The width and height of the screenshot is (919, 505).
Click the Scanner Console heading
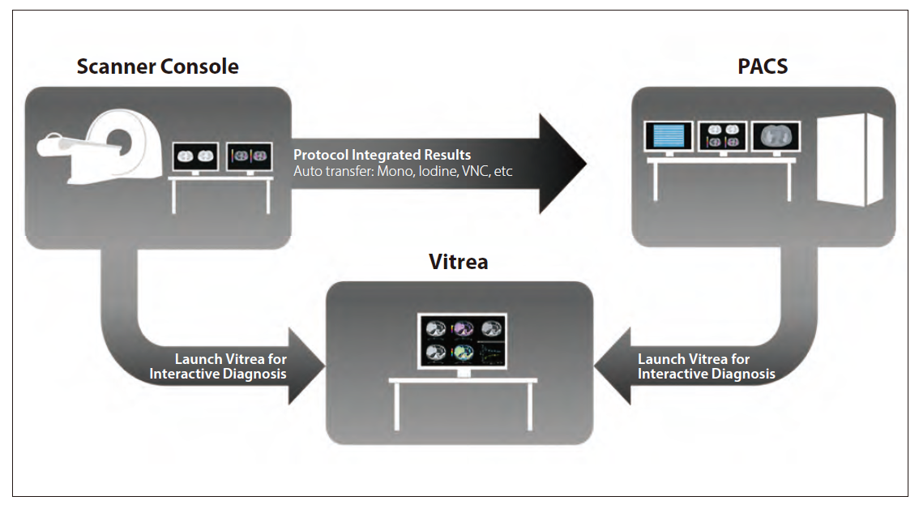tap(158, 66)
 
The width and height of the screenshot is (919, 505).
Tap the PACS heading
tap(763, 66)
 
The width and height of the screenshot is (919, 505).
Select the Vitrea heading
tap(459, 262)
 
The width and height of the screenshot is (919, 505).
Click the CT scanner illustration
tap(100, 147)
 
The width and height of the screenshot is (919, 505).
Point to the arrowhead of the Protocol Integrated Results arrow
tap(562, 164)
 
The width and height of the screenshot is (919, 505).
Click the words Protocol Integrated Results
tap(383, 155)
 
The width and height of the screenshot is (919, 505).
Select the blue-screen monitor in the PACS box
tap(669, 136)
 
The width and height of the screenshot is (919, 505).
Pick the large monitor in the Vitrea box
tap(463, 340)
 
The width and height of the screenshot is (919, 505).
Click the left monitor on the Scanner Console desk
tap(195, 156)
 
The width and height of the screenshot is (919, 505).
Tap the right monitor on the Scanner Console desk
tap(250, 156)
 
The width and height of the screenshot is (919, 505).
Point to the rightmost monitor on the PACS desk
tap(776, 137)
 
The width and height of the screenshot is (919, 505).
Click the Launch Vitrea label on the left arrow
tap(218, 366)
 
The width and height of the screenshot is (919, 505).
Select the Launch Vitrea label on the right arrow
tap(706, 366)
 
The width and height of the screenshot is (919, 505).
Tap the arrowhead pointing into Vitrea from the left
tap(306, 366)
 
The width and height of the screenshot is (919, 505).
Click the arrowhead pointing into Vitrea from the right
tap(613, 366)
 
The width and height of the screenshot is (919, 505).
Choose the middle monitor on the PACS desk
tap(723, 136)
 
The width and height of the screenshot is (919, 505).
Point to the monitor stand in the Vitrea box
tap(463, 374)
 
